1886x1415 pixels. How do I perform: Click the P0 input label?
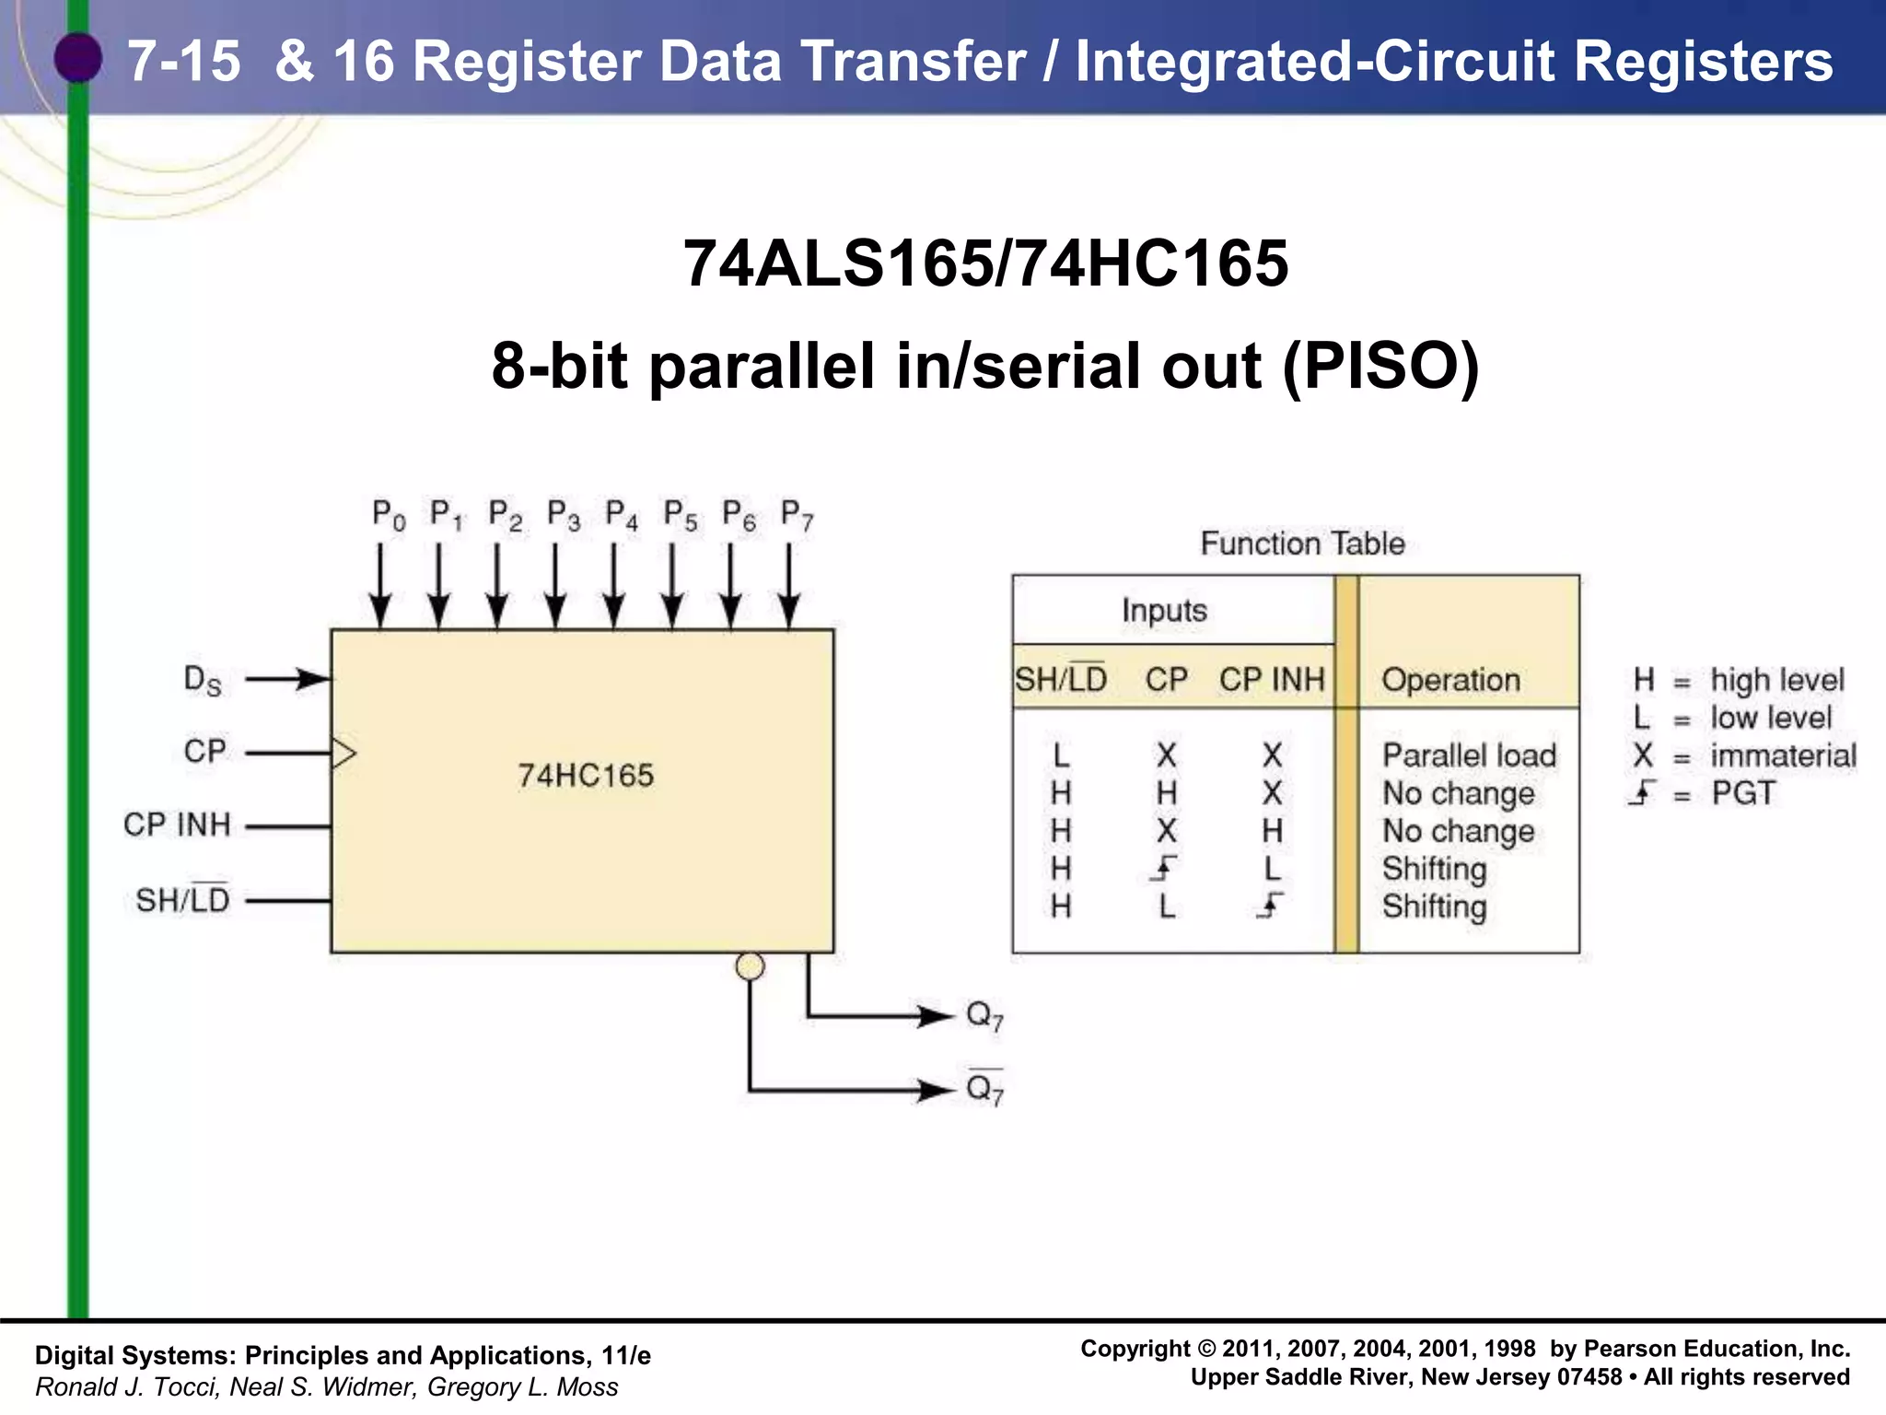coord(388,516)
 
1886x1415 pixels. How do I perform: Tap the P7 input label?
coord(797,516)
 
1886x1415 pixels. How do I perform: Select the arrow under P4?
coord(614,586)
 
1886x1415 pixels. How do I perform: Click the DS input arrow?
coord(287,680)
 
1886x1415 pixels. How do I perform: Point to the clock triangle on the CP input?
coord(343,754)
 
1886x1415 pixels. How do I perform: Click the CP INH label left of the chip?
coord(177,824)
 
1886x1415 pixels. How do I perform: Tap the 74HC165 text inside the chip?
coord(586,776)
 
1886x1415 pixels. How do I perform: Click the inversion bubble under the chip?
coord(751,966)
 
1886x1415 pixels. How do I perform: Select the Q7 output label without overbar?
coord(984,1017)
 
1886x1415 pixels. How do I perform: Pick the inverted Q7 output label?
coord(984,1090)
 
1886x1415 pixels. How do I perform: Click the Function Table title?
coord(1302,544)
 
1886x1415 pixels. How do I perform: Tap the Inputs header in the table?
coord(1164,611)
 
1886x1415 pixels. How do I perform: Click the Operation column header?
coord(1450,680)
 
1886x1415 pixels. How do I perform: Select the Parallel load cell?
coord(1469,755)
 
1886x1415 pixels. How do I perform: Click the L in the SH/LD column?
coord(1061,756)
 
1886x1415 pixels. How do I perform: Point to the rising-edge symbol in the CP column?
coord(1165,869)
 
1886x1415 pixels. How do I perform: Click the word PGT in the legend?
coord(1742,793)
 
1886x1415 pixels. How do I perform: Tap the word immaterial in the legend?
coord(1783,756)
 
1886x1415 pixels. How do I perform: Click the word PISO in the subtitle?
coord(1380,367)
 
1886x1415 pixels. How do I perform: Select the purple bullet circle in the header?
coord(78,58)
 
